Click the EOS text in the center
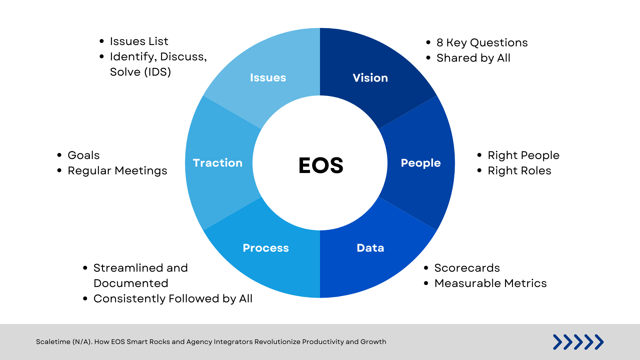pyautogui.click(x=321, y=165)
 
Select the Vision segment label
pyautogui.click(x=370, y=78)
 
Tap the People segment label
pyautogui.click(x=421, y=163)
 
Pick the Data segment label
pyautogui.click(x=370, y=248)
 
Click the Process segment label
pyautogui.click(x=266, y=248)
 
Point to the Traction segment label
pyautogui.click(x=218, y=163)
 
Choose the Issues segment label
pyautogui.click(x=268, y=78)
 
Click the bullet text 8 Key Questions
pyautogui.click(x=482, y=43)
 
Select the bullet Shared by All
pyautogui.click(x=473, y=58)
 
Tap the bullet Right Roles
pyautogui.click(x=519, y=171)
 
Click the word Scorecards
pyautogui.click(x=467, y=268)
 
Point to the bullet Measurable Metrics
pyautogui.click(x=490, y=283)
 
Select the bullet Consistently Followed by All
pyautogui.click(x=173, y=299)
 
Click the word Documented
pyautogui.click(x=131, y=283)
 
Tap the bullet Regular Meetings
pyautogui.click(x=117, y=171)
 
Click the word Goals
pyautogui.click(x=84, y=155)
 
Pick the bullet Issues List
pyautogui.click(x=139, y=41)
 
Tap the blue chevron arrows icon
pyautogui.click(x=578, y=342)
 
